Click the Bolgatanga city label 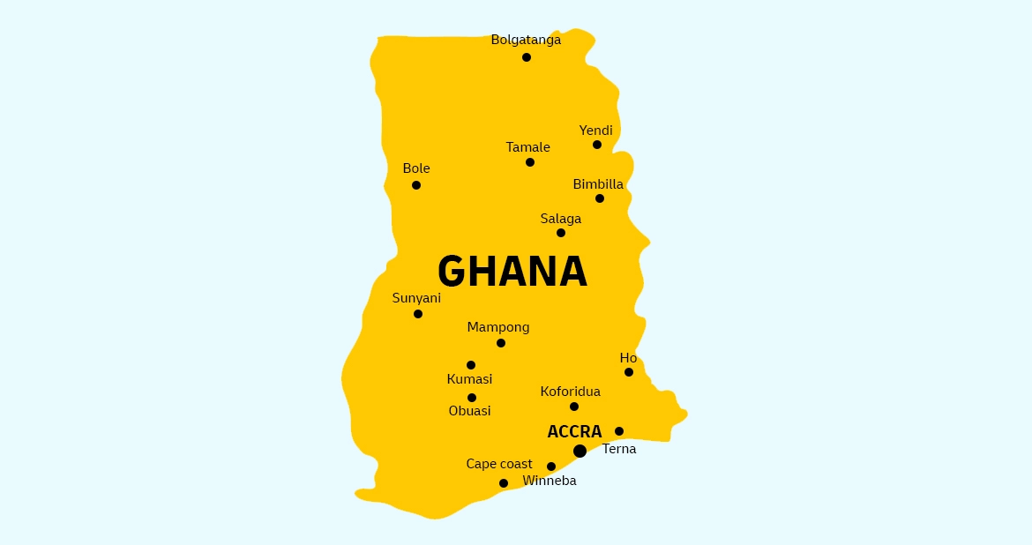(x=526, y=40)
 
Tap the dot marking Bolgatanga (x=527, y=57)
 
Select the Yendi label (x=595, y=131)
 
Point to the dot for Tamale (x=530, y=162)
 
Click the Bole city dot (x=416, y=185)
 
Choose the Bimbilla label (x=598, y=184)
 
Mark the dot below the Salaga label (x=561, y=233)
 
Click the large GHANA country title (x=512, y=272)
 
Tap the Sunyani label (x=416, y=298)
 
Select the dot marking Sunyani (x=418, y=314)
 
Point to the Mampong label (x=498, y=327)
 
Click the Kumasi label (x=469, y=379)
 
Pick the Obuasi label (x=469, y=411)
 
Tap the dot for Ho (x=629, y=372)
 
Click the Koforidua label (x=570, y=392)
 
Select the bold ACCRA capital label (x=574, y=432)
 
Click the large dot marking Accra (x=580, y=451)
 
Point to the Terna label (x=619, y=449)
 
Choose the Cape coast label (x=499, y=464)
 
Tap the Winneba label (x=550, y=481)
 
